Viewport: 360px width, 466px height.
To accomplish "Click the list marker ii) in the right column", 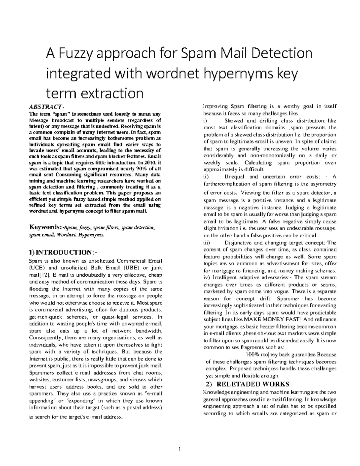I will [206, 176].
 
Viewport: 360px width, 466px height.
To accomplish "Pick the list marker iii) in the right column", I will [207, 242].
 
